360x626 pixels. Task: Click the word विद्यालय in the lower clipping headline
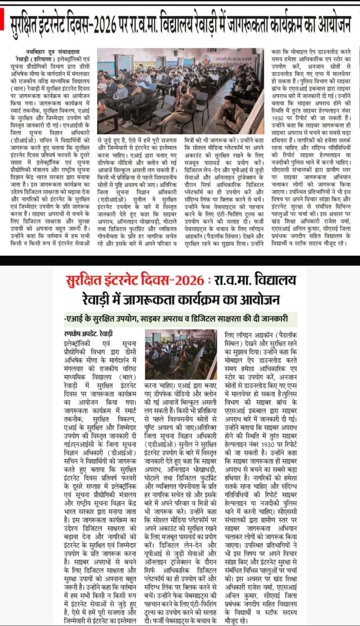point(275,281)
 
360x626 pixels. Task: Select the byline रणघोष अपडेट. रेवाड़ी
point(88,334)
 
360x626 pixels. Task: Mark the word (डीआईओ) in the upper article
point(25,140)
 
